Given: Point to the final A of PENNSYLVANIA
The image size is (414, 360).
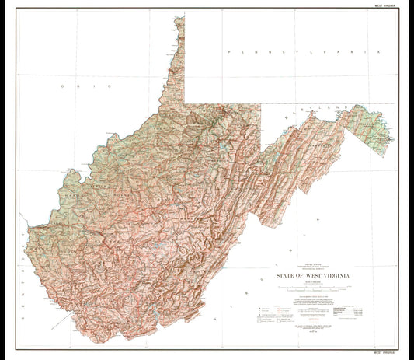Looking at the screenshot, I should pyautogui.click(x=380, y=51).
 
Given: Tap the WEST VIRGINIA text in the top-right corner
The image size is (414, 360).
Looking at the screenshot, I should pyautogui.click(x=388, y=4).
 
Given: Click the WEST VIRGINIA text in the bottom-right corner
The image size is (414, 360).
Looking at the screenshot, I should pyautogui.click(x=388, y=355).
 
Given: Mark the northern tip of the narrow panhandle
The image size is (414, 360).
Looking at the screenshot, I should pyautogui.click(x=180, y=18).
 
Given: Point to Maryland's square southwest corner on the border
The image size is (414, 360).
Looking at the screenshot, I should pyautogui.click(x=262, y=148).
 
